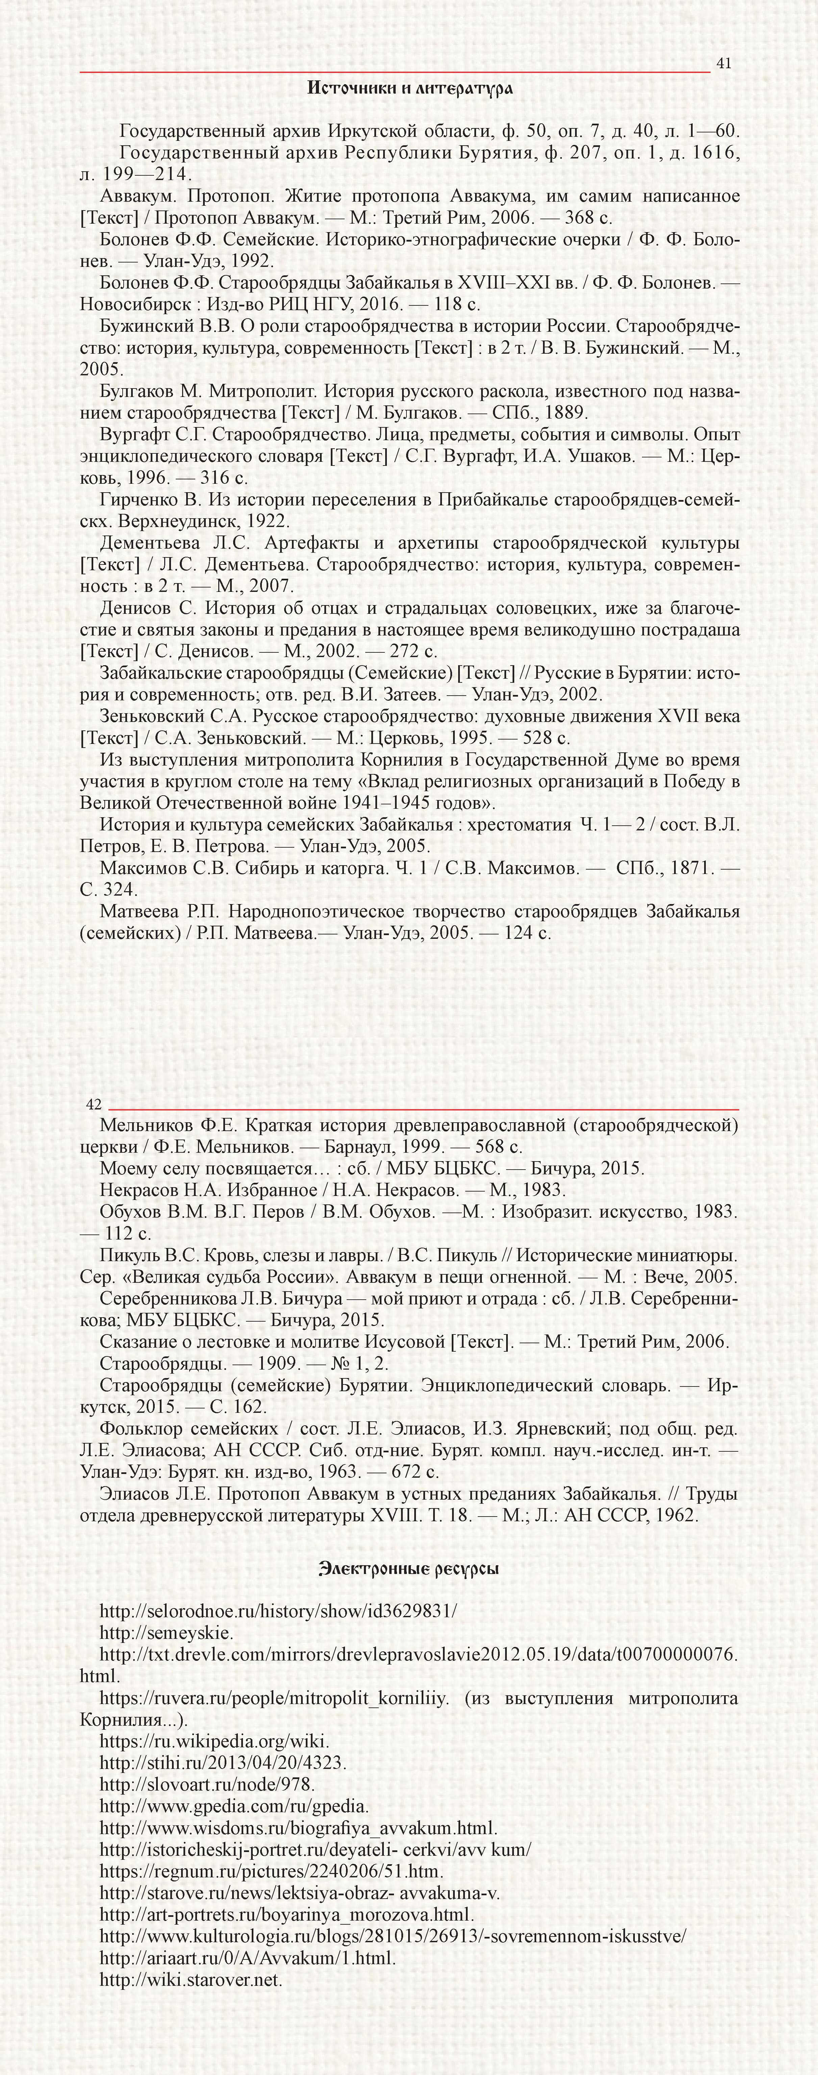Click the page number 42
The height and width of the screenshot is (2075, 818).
pos(94,1104)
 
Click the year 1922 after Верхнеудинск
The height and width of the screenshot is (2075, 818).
pos(268,521)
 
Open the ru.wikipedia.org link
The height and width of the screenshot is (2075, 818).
pos(214,1741)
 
